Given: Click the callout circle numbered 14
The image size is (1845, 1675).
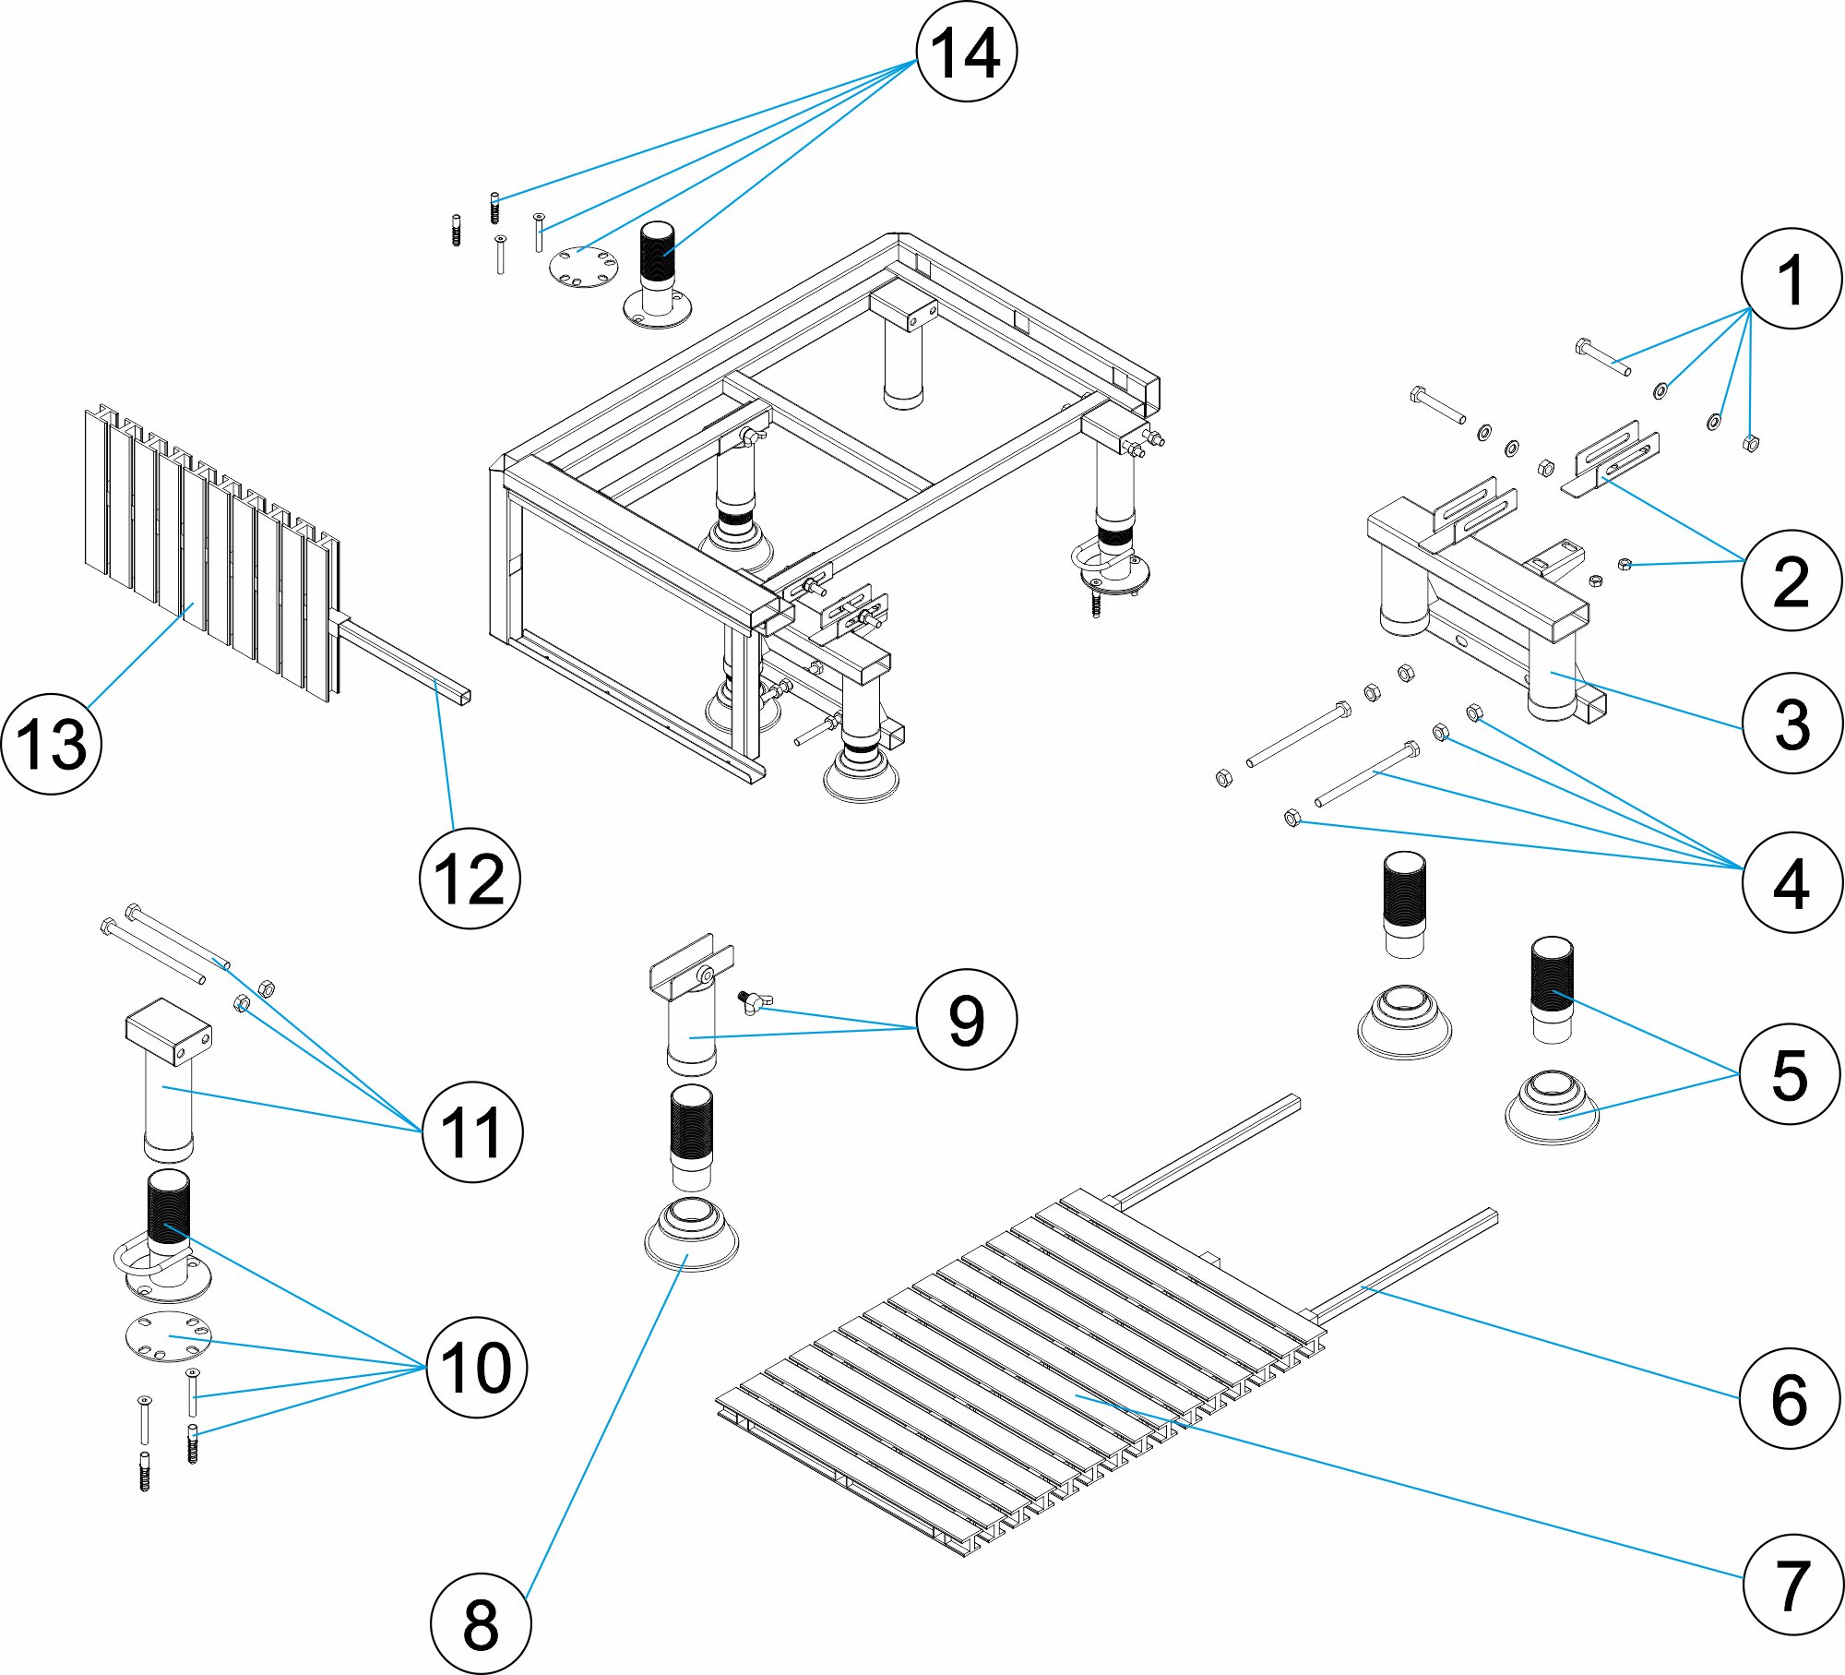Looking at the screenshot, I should click(966, 52).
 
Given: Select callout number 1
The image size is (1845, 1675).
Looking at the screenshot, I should click(1791, 279).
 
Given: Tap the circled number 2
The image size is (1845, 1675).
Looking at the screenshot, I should click(1791, 580).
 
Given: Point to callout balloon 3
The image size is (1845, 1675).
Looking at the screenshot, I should click(1791, 724).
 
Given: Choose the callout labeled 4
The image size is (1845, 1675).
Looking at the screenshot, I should click(1791, 883).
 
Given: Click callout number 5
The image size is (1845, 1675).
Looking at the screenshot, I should click(1789, 1074).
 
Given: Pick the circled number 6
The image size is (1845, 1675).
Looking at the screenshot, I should click(1789, 1399).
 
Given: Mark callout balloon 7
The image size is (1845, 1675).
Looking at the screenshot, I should click(1791, 1585).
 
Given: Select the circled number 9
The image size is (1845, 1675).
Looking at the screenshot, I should click(966, 1020).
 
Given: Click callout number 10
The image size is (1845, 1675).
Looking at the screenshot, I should click(476, 1367).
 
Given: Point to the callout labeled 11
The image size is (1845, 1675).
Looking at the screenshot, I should click(472, 1132).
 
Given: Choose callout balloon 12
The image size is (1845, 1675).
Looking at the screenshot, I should click(470, 879).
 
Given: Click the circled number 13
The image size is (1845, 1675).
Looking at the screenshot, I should click(52, 744).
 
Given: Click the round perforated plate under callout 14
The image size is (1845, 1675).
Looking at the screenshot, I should click(583, 267).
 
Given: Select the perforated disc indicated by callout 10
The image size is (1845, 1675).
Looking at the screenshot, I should click(168, 1335).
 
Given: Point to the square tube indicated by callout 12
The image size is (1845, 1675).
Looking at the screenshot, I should click(406, 660).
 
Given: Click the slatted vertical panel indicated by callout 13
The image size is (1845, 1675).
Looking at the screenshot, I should click(212, 554).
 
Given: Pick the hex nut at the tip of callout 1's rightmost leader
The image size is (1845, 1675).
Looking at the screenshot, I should click(1749, 443).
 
